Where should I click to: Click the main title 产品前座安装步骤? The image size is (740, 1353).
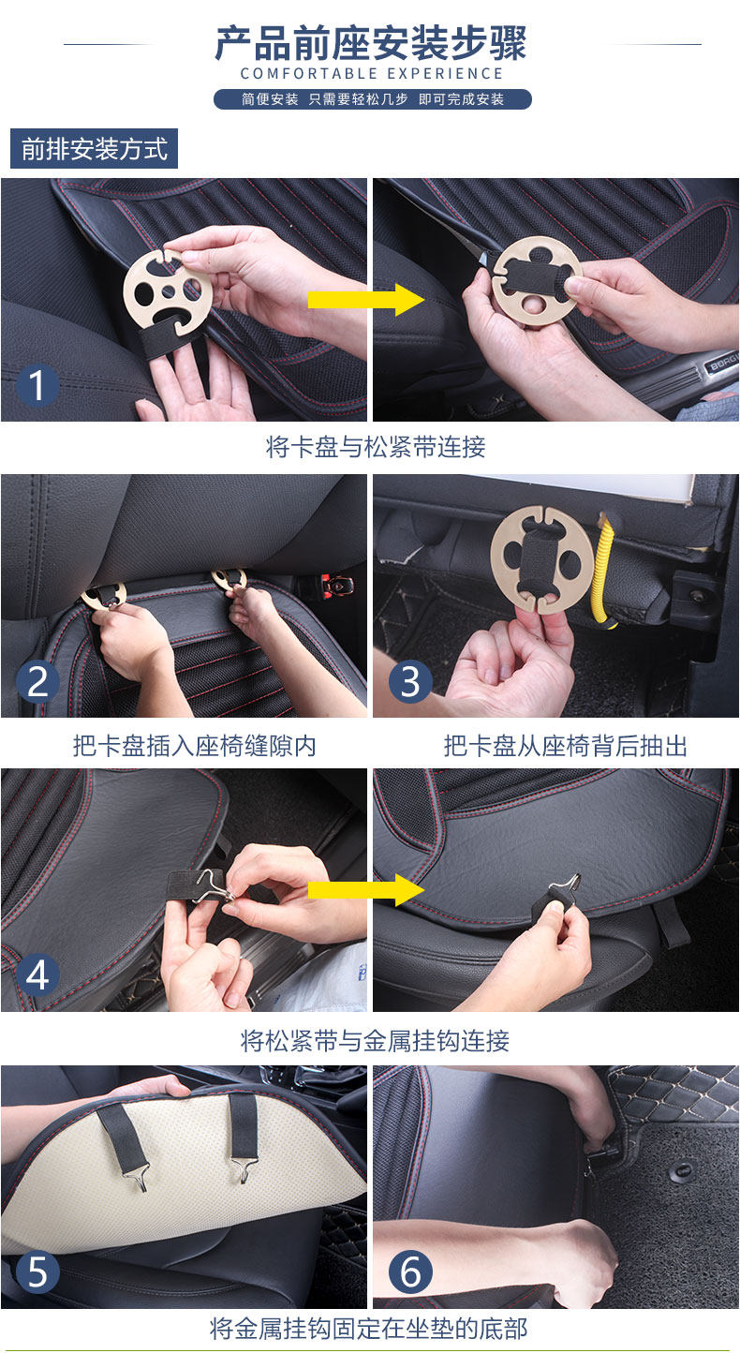[x=370, y=42]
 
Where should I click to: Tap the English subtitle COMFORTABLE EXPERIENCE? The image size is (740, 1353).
[x=372, y=74]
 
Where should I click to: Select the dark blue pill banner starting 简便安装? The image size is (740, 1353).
[x=373, y=99]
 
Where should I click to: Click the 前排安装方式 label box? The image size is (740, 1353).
[x=95, y=149]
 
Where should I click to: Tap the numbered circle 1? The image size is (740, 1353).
[x=37, y=385]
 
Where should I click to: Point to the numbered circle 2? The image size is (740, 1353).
[x=37, y=681]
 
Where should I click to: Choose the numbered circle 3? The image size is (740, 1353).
[x=410, y=681]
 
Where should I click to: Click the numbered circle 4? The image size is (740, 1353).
[x=37, y=975]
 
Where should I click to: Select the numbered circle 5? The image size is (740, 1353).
[x=37, y=1271]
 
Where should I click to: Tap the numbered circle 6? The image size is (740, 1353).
[x=410, y=1271]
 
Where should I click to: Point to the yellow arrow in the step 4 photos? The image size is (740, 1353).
[x=366, y=890]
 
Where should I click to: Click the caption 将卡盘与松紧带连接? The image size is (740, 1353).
[x=375, y=448]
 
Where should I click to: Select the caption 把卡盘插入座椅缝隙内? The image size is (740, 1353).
[x=195, y=746]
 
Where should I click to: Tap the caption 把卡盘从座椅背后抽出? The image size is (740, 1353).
[x=566, y=746]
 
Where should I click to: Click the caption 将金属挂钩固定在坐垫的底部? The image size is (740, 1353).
[x=368, y=1329]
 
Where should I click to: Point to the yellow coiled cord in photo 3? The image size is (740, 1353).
[x=604, y=571]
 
